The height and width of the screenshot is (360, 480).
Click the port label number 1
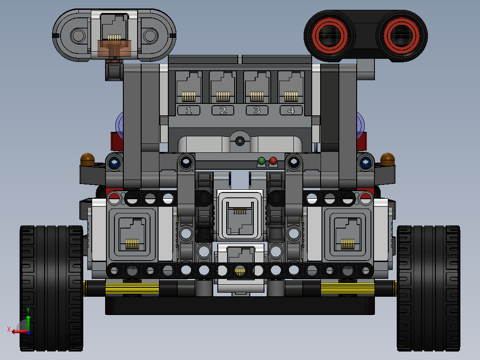[189, 110]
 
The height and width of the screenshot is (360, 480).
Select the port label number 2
[223, 110]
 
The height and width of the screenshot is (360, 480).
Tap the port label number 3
[257, 110]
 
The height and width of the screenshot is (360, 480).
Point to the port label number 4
[291, 110]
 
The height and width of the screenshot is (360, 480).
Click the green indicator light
[261, 160]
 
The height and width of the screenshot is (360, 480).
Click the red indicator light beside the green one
[273, 160]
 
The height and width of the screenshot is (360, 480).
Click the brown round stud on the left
[87, 159]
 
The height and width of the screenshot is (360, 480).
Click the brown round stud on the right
[388, 159]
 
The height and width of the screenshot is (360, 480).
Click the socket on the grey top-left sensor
[114, 29]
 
